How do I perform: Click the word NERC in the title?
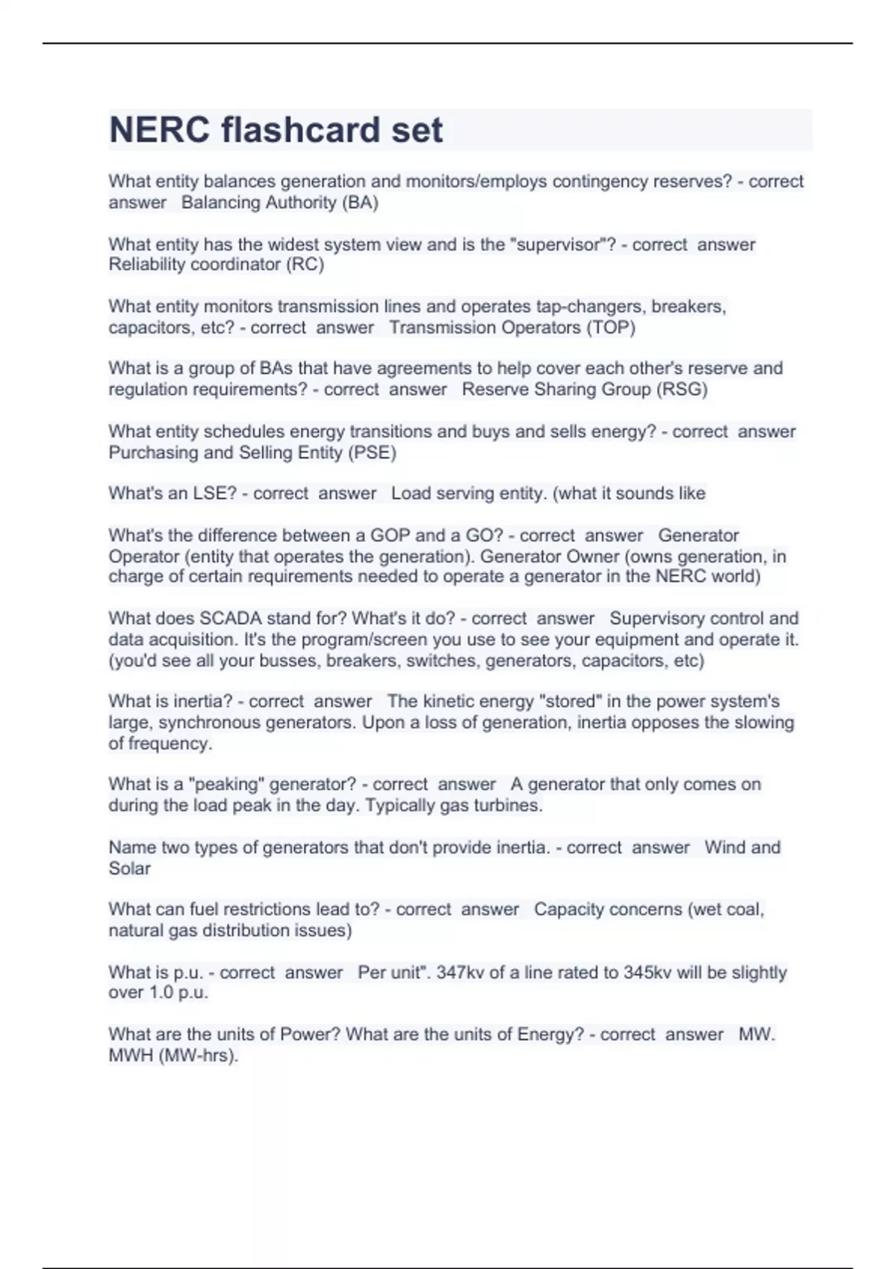(160, 130)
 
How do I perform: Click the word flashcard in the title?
(301, 130)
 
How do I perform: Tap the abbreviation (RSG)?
(682, 389)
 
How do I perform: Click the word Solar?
(129, 868)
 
